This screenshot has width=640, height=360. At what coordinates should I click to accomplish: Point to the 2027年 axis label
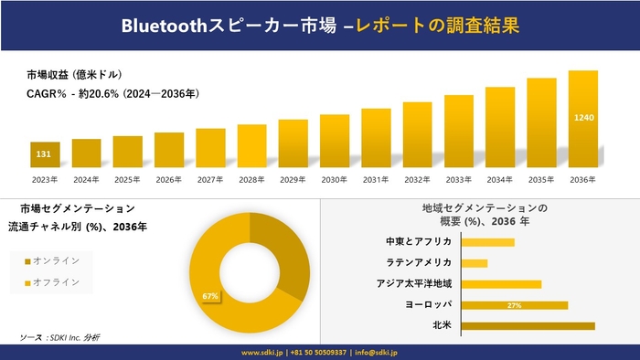(210, 179)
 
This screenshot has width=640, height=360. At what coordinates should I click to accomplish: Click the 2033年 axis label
(459, 179)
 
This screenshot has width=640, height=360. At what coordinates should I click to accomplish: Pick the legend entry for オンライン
(55, 261)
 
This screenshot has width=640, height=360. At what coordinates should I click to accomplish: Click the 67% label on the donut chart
(210, 296)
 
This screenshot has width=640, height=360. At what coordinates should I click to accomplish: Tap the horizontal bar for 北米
(528, 325)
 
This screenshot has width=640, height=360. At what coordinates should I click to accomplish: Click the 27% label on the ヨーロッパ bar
(514, 305)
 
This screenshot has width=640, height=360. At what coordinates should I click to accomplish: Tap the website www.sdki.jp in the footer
(261, 352)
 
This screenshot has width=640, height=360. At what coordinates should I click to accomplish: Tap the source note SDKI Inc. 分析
(60, 337)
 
